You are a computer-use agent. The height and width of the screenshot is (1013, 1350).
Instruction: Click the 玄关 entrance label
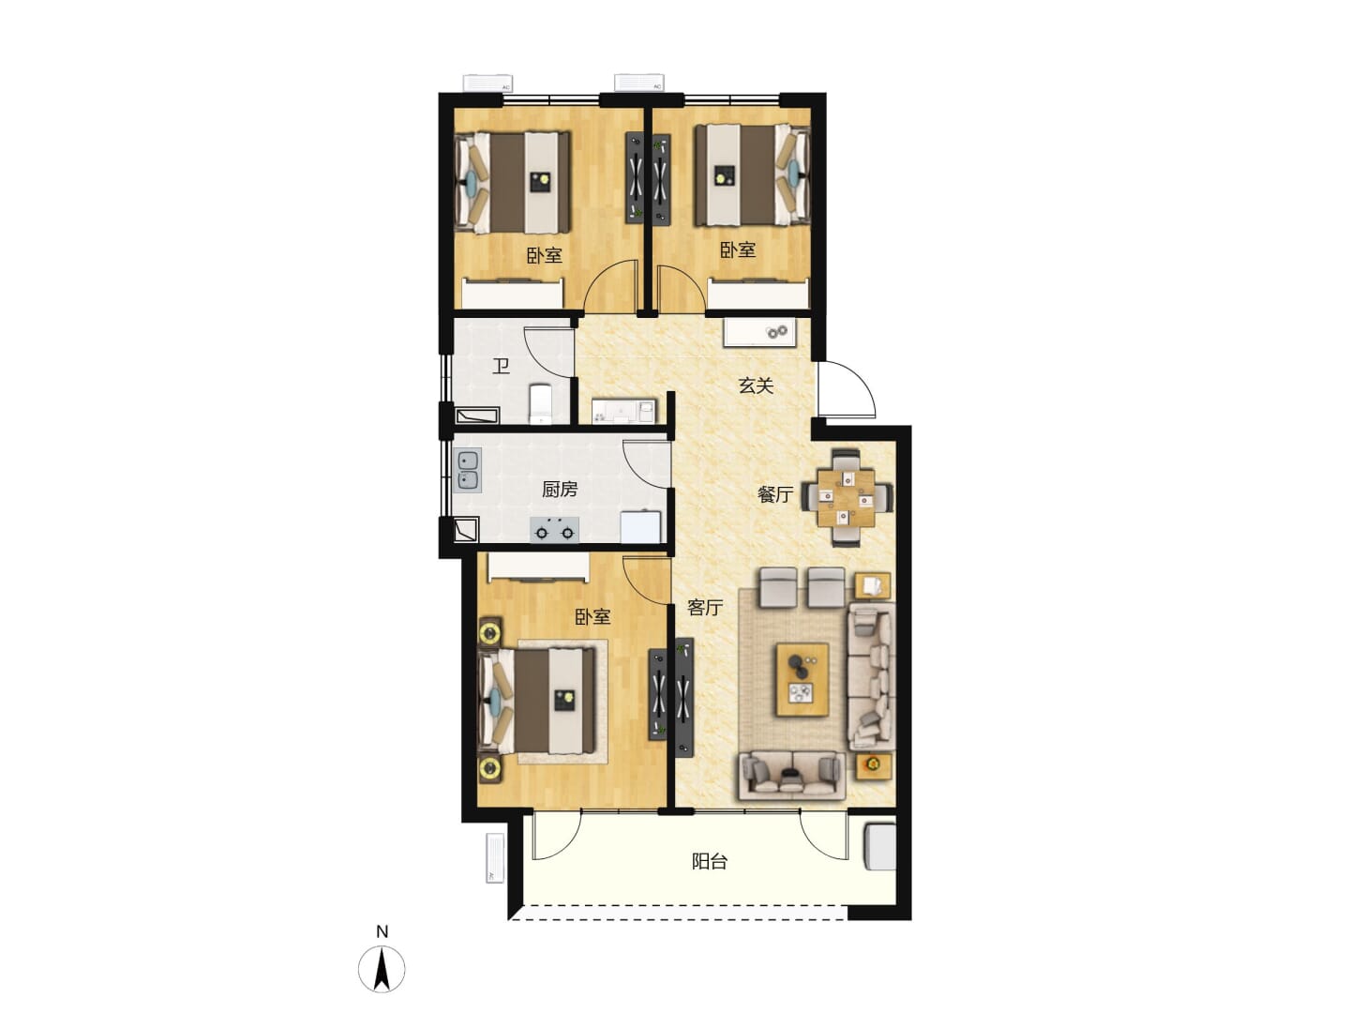[756, 386]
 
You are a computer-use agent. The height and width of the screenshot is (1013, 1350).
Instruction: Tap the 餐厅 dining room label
[775, 494]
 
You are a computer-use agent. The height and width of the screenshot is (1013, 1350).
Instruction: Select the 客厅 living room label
[705, 607]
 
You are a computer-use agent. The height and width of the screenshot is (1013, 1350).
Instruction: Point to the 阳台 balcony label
[709, 861]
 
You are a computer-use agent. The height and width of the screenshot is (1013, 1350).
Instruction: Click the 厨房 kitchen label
[560, 490]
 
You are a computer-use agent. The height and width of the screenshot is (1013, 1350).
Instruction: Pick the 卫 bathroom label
[502, 367]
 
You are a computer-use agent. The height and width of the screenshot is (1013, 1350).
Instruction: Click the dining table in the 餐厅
[847, 497]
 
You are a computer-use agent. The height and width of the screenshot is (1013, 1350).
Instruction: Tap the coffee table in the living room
[802, 680]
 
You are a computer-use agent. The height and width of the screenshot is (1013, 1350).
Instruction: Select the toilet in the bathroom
[541, 403]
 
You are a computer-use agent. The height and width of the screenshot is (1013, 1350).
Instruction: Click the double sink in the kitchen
[468, 470]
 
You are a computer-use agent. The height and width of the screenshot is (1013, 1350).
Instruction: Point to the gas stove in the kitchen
[554, 530]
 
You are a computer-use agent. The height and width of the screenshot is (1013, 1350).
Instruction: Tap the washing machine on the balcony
[879, 847]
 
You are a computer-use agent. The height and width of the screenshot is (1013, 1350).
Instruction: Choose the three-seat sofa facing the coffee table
[790, 775]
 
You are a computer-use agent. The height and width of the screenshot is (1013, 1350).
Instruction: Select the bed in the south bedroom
[537, 702]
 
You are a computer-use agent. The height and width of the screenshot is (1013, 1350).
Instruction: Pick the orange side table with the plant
[874, 766]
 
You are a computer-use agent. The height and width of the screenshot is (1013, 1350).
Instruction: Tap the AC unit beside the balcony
[495, 857]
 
